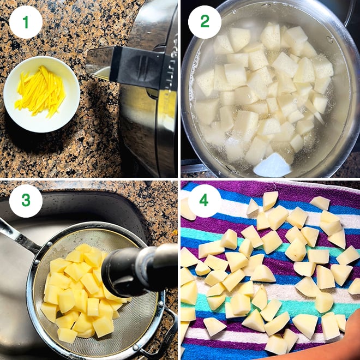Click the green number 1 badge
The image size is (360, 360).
point(26,22)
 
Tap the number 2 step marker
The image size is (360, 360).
point(205,22)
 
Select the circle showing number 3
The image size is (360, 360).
point(26,200)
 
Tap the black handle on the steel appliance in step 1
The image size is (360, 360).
point(139,68)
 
